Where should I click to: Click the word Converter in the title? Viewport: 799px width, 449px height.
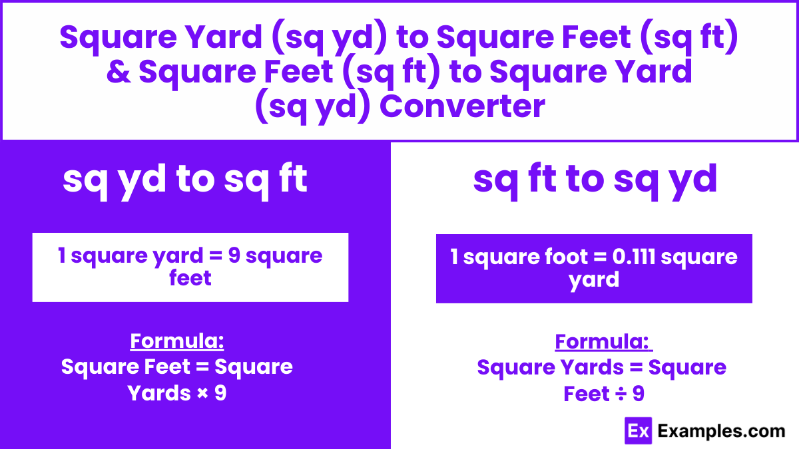[x=462, y=106]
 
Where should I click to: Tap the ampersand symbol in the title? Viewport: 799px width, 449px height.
[x=119, y=72]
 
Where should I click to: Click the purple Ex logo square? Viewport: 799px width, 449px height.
[x=638, y=431]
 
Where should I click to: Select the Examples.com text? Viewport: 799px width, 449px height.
[x=721, y=431]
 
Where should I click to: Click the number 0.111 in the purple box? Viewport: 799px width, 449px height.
[x=634, y=257]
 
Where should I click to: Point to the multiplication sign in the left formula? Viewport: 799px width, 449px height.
[x=202, y=393]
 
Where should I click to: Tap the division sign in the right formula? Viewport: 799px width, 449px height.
[x=621, y=394]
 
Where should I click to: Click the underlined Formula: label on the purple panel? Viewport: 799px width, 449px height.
[x=177, y=341]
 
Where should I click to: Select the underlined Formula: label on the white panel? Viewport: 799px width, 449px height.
[x=603, y=342]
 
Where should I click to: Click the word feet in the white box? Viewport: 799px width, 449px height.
[x=190, y=278]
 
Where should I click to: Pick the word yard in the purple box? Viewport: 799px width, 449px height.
[x=594, y=280]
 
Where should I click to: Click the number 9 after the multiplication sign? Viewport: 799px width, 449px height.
[x=220, y=393]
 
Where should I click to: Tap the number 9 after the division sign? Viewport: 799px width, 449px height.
[x=639, y=394]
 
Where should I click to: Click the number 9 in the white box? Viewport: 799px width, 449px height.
[x=234, y=255]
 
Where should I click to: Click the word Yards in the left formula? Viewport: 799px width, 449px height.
[x=159, y=393]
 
